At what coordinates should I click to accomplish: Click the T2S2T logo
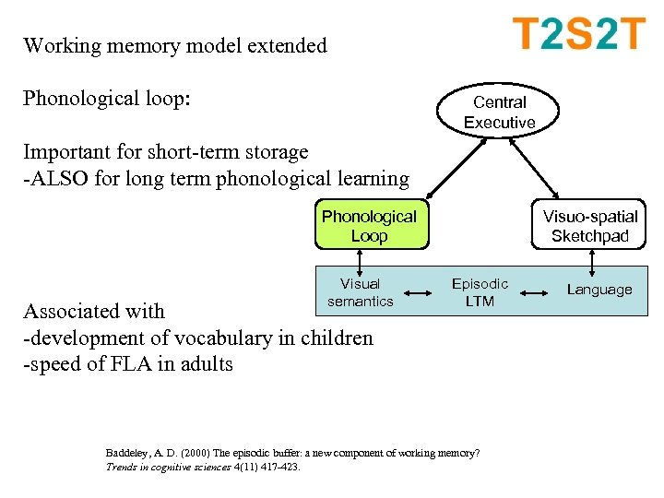coord(578,35)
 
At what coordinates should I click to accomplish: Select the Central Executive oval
coord(499,113)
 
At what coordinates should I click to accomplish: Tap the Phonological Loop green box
coord(369,226)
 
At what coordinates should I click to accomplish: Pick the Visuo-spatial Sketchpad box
coord(589,226)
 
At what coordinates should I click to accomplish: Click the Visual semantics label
coord(360,292)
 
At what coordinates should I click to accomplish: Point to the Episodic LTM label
coord(480,292)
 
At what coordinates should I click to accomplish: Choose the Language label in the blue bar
coord(599,290)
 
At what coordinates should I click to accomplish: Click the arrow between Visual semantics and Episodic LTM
coord(420,293)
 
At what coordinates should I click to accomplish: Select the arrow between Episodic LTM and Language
coord(539,293)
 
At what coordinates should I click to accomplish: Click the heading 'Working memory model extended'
coord(175,45)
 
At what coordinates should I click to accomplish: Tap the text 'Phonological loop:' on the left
coord(107,98)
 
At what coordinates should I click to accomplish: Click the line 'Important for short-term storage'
coord(166,151)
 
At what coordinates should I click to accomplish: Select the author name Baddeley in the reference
coord(128,453)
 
